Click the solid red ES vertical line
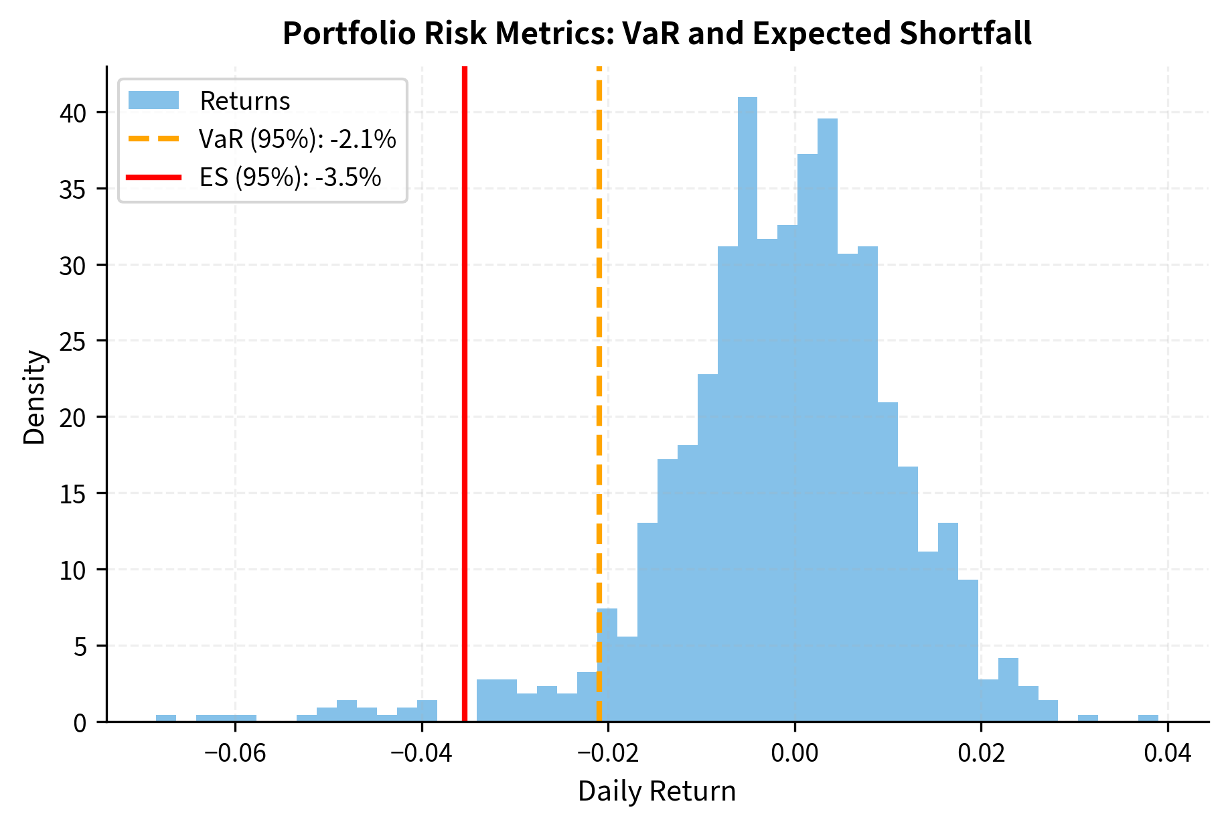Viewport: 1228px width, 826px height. [x=464, y=402]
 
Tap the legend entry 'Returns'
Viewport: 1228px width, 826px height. [x=244, y=101]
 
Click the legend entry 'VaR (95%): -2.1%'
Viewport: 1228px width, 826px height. [x=297, y=139]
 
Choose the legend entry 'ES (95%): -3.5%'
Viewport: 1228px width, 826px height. [x=290, y=177]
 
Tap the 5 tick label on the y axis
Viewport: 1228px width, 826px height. [x=80, y=647]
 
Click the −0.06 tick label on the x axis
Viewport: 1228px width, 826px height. [x=235, y=753]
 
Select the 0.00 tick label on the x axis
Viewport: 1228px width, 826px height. [x=795, y=753]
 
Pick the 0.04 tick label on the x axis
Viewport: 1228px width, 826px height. [x=1168, y=753]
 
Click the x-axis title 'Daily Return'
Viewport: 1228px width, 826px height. [x=657, y=792]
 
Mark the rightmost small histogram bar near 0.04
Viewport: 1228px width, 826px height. [x=1148, y=718]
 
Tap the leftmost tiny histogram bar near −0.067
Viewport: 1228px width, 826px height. [x=166, y=718]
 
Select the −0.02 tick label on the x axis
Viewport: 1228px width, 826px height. [x=608, y=753]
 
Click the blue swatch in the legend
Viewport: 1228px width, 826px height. [x=153, y=101]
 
